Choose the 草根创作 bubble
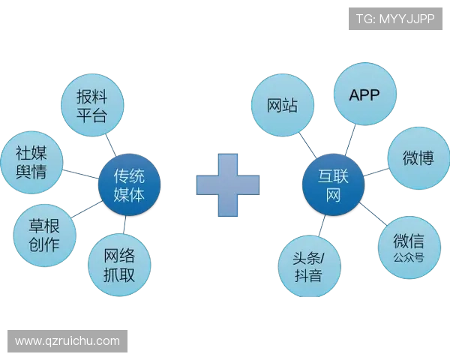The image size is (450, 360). click(x=44, y=235)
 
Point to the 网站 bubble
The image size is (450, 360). click(x=281, y=106)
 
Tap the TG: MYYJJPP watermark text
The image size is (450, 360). click(x=395, y=19)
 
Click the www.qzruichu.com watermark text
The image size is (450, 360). click(x=67, y=341)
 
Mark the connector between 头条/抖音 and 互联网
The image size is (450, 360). click(x=321, y=226)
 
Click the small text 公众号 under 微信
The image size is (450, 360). click(x=407, y=257)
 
